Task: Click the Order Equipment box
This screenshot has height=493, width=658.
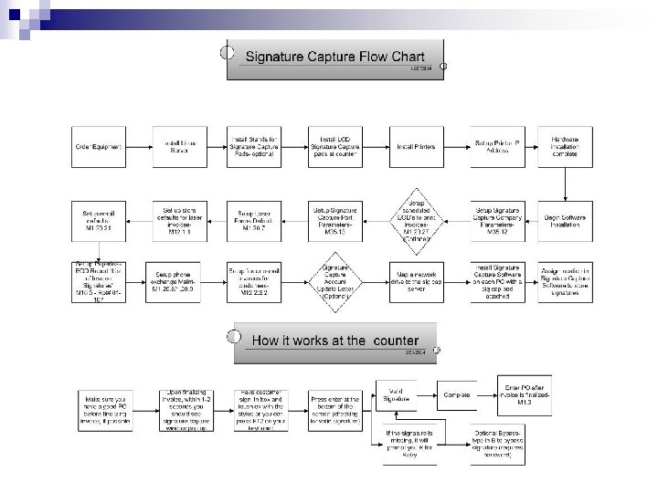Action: [99, 146]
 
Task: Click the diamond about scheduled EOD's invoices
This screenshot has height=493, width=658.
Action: [415, 215]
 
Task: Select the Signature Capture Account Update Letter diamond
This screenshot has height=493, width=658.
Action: [335, 279]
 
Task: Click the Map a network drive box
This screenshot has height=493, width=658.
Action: [415, 279]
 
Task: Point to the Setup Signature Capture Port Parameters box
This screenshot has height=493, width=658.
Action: [335, 215]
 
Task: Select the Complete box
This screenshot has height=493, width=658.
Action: [462, 394]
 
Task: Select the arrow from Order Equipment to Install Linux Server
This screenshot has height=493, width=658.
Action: [138, 146]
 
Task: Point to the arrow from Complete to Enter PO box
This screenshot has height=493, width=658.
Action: [493, 394]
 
